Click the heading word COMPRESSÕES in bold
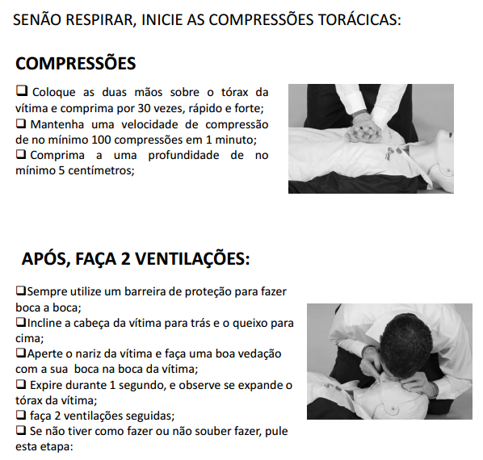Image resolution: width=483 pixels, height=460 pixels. tap(75, 64)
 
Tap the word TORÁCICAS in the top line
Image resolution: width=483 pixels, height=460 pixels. tap(359, 19)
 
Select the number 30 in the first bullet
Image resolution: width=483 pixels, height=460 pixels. tap(144, 108)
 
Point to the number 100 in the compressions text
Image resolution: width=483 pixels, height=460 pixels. tap(101, 140)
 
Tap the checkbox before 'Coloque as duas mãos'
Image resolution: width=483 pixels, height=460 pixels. tap(22, 90)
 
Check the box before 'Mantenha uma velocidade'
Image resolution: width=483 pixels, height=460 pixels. tap(21, 123)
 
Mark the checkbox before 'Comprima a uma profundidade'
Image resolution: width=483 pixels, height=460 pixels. tap(21, 154)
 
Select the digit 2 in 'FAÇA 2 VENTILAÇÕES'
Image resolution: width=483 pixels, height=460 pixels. tap(126, 258)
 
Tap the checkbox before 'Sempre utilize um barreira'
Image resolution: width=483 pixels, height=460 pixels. tap(21, 291)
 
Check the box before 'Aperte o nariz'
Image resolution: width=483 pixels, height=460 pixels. tap(21, 353)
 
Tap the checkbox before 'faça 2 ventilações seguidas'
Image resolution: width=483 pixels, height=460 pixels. tap(21, 415)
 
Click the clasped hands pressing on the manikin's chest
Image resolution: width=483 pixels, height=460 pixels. tap(363, 132)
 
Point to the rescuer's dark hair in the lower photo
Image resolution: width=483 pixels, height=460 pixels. tap(406, 340)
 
